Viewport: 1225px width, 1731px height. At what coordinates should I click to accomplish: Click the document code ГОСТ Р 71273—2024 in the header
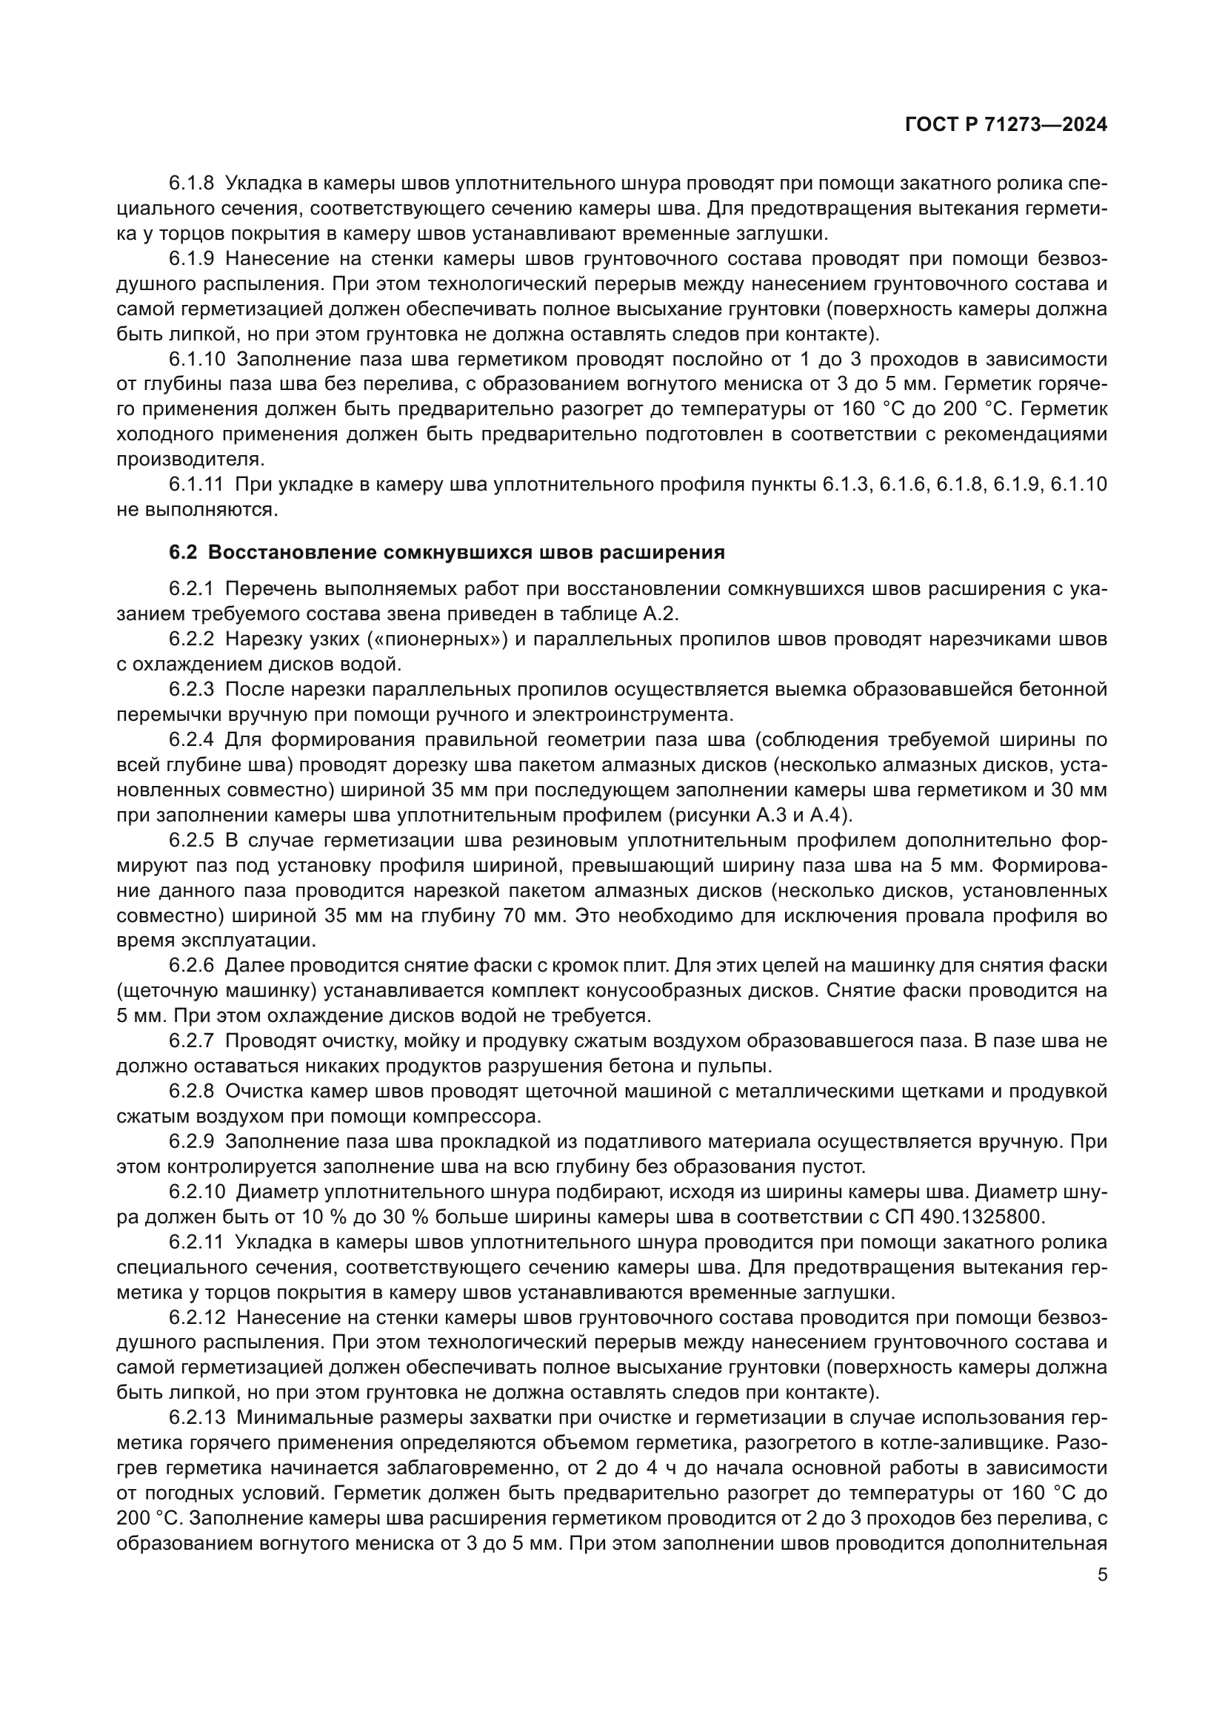pos(1006,125)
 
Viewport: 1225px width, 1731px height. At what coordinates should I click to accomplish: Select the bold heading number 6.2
pos(183,553)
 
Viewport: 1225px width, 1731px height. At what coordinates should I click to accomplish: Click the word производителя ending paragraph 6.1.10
pos(188,459)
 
